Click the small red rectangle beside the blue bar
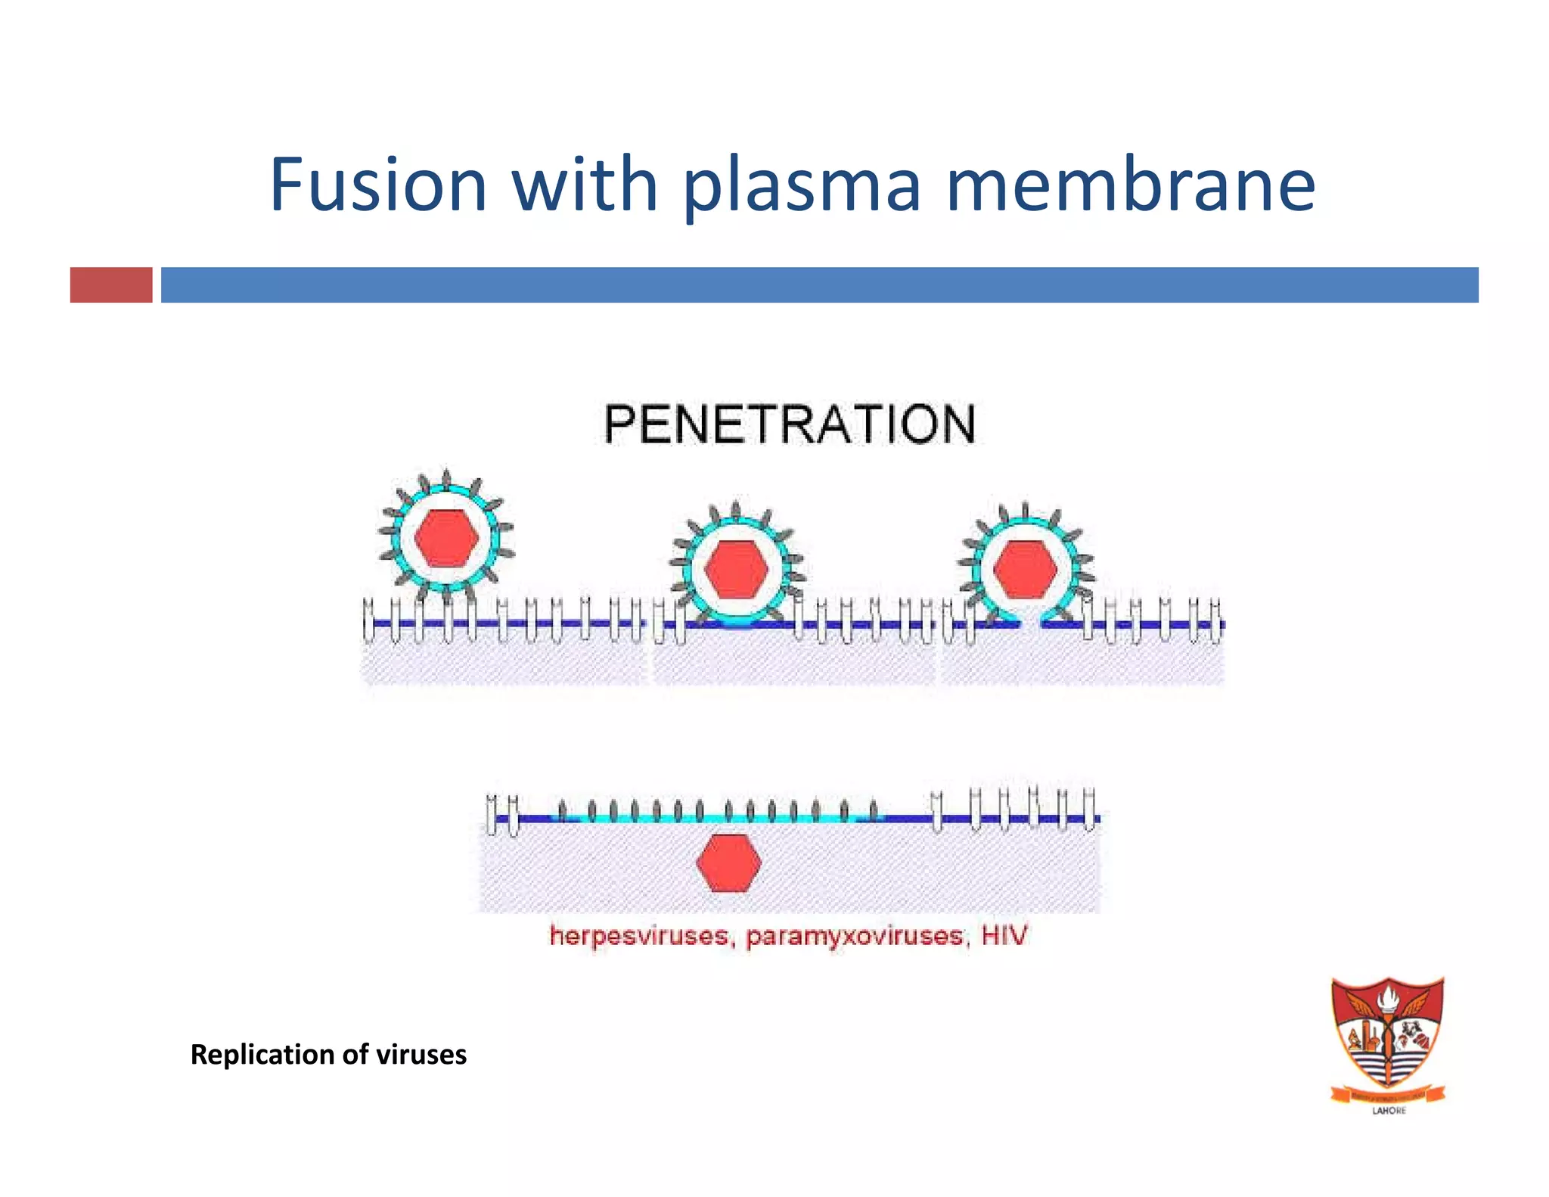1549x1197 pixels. click(111, 284)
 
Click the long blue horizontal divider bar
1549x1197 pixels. click(819, 284)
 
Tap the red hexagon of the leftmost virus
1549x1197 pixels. click(446, 538)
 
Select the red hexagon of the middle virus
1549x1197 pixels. click(735, 569)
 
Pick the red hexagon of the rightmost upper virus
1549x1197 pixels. click(1025, 569)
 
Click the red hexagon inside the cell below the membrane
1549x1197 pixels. click(728, 863)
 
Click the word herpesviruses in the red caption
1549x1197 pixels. click(639, 936)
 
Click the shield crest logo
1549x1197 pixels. click(1388, 1037)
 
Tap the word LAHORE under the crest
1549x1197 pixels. click(1389, 1111)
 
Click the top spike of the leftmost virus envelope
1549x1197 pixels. click(446, 478)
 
